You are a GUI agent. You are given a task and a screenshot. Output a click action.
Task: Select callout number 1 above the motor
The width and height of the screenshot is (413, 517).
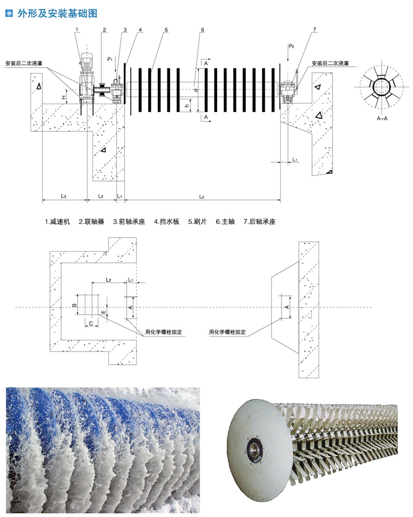(x=77, y=29)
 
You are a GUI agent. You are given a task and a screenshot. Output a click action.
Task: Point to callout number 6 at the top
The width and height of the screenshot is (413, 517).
(x=203, y=29)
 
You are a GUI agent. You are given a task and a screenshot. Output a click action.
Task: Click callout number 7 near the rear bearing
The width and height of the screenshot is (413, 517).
(x=314, y=29)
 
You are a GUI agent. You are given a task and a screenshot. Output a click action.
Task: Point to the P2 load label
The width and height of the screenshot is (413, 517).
(x=291, y=46)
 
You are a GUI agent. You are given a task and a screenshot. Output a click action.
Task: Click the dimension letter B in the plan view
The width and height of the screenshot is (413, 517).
(x=75, y=305)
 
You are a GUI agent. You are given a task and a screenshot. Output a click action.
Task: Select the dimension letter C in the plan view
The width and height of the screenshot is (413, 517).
(x=91, y=323)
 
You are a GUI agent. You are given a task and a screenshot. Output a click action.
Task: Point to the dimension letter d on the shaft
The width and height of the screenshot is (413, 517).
(x=196, y=90)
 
